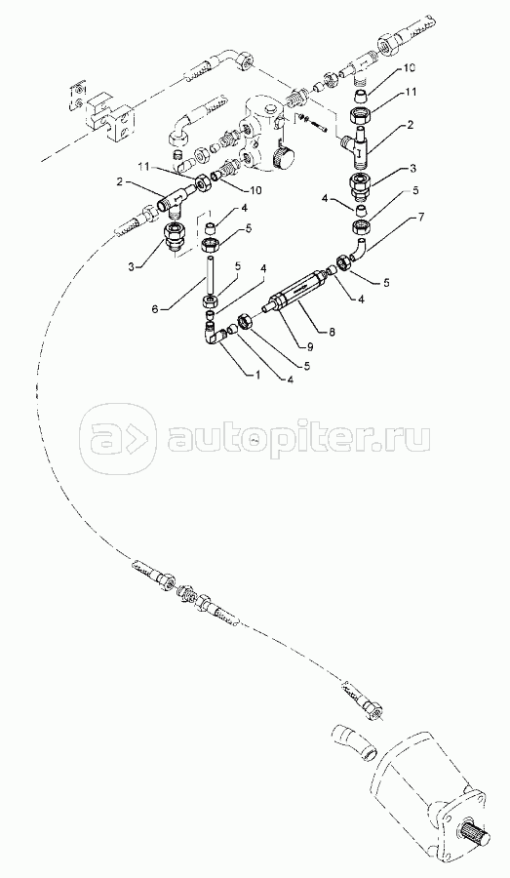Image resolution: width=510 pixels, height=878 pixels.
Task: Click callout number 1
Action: tap(258, 376)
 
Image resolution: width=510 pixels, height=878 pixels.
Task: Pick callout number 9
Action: tap(309, 346)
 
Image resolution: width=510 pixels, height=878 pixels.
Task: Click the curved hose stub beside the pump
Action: tap(355, 742)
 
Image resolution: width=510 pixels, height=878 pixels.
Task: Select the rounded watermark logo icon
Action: tap(118, 435)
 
